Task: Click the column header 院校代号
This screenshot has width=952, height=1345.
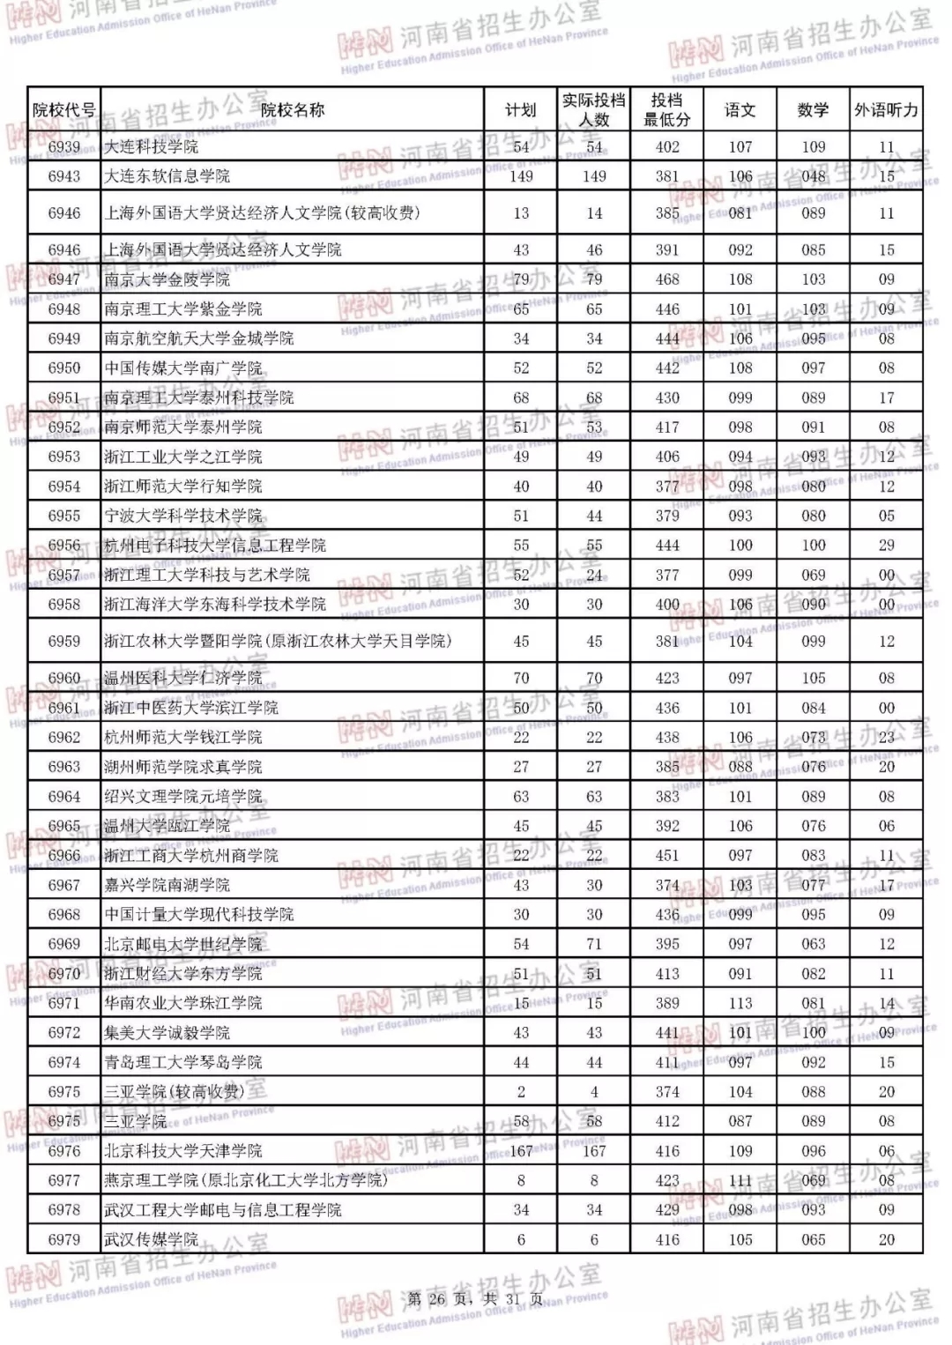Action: click(x=63, y=110)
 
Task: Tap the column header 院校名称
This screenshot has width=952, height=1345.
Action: click(x=292, y=110)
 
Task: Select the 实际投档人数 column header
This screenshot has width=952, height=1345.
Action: click(x=594, y=110)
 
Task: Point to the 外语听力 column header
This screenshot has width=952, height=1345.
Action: click(x=886, y=110)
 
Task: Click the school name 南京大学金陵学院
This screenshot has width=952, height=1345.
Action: click(x=167, y=279)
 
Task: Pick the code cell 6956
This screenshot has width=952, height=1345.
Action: click(x=63, y=546)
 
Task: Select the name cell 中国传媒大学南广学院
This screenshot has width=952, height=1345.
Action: click(x=182, y=368)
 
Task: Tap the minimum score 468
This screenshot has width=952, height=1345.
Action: click(x=667, y=279)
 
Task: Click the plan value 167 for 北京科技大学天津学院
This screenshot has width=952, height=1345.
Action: click(x=521, y=1151)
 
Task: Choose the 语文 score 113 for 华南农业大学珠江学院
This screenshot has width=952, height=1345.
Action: click(x=740, y=1003)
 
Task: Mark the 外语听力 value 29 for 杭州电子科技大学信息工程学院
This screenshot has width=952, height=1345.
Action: click(x=886, y=546)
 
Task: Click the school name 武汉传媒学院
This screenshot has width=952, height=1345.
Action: click(x=151, y=1239)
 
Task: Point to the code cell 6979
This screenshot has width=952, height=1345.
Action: click(x=63, y=1239)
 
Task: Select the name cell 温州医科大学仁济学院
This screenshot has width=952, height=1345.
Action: click(x=182, y=678)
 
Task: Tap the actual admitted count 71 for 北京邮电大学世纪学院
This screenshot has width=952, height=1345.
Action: click(x=594, y=944)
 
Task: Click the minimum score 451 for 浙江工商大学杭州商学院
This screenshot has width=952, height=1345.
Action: click(x=667, y=856)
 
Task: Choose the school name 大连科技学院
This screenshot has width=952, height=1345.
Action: click(x=151, y=147)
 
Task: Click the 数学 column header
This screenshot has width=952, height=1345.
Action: click(x=813, y=110)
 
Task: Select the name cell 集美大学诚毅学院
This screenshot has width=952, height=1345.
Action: click(x=167, y=1033)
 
